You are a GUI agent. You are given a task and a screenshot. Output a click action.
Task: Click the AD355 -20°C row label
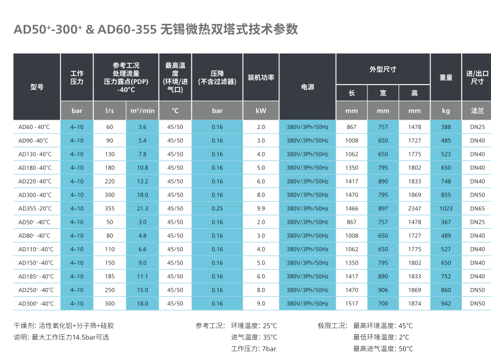(35, 208)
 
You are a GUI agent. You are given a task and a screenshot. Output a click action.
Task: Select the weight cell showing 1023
(446, 208)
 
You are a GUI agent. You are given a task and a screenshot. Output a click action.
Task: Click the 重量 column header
(446, 77)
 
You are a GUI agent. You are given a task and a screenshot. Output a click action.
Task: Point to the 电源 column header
(307, 87)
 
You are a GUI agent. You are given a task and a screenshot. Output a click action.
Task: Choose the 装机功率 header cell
(260, 77)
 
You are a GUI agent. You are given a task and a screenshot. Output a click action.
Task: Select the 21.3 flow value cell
(143, 208)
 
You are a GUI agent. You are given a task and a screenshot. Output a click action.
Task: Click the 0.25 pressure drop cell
(217, 208)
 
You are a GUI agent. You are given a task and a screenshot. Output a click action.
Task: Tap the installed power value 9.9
(260, 208)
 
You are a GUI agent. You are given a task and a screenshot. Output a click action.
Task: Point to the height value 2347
(414, 208)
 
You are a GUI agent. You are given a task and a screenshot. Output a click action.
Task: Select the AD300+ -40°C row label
(36, 303)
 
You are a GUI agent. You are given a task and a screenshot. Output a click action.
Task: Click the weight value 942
(446, 303)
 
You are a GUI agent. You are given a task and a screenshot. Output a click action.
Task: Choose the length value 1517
(351, 303)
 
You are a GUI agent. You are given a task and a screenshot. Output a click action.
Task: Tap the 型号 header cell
(37, 87)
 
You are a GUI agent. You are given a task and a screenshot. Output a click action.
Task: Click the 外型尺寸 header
(382, 69)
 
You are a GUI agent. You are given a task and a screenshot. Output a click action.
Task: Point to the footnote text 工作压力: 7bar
(254, 348)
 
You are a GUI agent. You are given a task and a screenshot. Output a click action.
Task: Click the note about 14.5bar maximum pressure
(62, 337)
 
